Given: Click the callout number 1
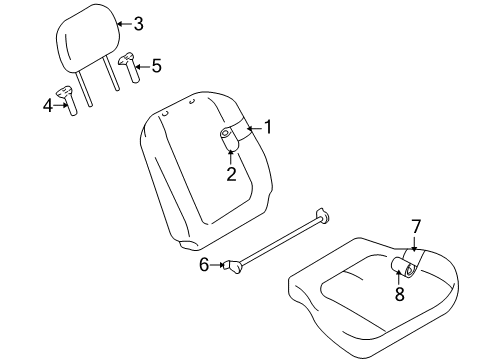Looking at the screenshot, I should [x=267, y=127].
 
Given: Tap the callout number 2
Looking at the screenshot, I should [x=231, y=175].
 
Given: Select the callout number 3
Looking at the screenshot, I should [x=138, y=23].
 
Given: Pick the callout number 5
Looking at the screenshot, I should [x=155, y=66].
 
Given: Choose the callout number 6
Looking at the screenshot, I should [x=203, y=264].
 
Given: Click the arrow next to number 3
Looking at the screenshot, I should [x=122, y=24].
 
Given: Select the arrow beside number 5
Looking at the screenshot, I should [x=141, y=67].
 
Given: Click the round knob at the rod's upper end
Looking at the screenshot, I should [x=324, y=213].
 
